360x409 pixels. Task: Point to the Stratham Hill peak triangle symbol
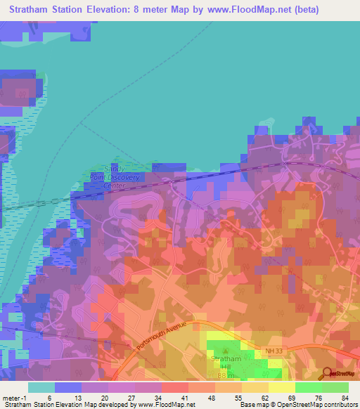pyautogui.click(x=226, y=351)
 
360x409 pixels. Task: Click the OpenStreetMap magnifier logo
pyautogui.click(x=327, y=374)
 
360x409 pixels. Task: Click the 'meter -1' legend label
pyautogui.click(x=13, y=398)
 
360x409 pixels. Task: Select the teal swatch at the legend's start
pyautogui.click(x=41, y=387)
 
